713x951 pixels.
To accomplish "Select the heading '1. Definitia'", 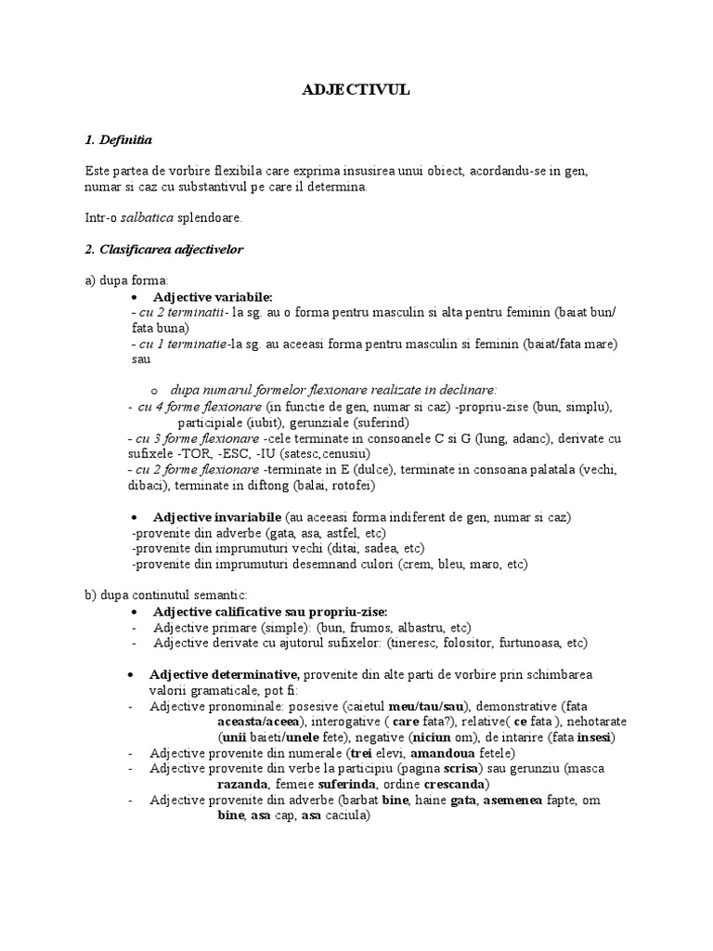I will [118, 140].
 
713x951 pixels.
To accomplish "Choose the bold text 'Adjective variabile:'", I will [213, 296].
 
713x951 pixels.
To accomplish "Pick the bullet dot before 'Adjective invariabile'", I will [136, 516].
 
